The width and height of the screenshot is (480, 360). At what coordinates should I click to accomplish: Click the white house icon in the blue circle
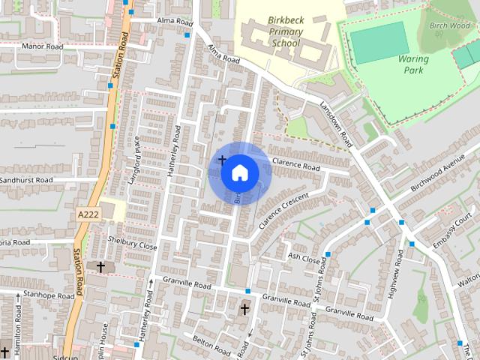(x=240, y=172)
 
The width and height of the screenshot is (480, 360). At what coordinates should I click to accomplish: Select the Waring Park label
(x=411, y=64)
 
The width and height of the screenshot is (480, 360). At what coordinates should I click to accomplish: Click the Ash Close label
(x=304, y=256)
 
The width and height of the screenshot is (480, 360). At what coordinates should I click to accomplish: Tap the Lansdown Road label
(x=335, y=124)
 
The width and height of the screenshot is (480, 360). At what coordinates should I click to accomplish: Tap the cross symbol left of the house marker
(x=222, y=160)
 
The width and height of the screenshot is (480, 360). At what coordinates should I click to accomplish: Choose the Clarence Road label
(x=295, y=163)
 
